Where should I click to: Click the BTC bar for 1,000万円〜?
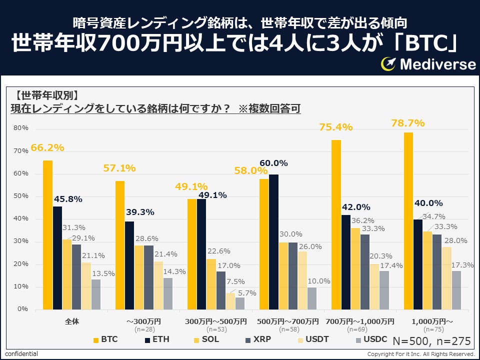pos(408,220)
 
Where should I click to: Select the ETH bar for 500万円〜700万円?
pos(273,241)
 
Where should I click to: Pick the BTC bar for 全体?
pos(47,234)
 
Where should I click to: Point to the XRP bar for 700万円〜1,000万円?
pos(365,271)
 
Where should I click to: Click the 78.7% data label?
pos(407,123)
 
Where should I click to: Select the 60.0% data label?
pos(273,163)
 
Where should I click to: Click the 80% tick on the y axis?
pos(21,128)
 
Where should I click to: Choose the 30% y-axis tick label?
pos(21,241)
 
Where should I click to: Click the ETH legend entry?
pos(155,339)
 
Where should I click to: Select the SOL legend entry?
pos(204,339)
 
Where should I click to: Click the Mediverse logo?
pos(428,64)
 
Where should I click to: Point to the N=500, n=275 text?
pos(431,341)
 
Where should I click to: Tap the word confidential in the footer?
pos(21,354)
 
